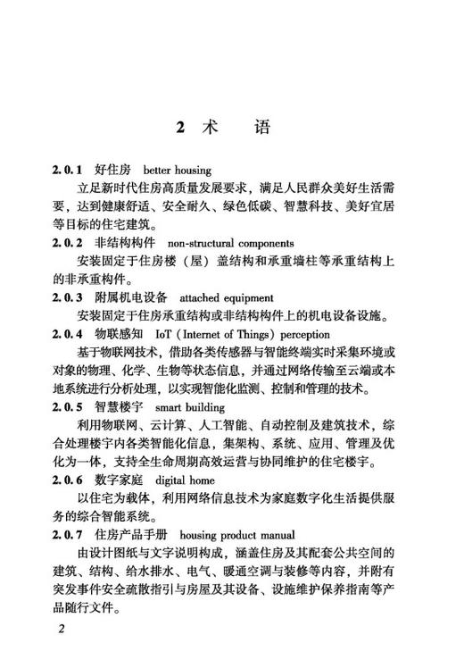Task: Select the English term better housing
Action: point(176,170)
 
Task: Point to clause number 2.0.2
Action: point(66,243)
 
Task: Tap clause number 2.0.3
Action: point(66,297)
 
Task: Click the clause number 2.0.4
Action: point(66,334)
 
